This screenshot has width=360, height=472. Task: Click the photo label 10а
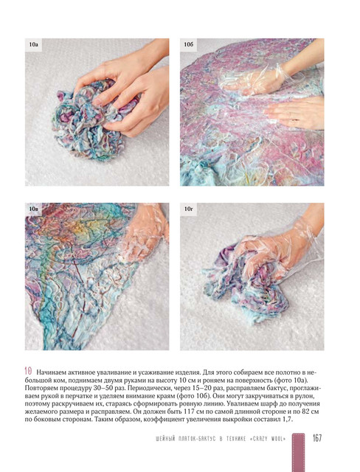pos(33,45)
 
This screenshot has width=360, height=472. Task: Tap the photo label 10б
pos(188,45)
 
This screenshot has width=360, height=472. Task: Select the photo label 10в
pos(33,209)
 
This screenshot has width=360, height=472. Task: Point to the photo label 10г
pos(188,209)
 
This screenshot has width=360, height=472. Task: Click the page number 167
pos(317,438)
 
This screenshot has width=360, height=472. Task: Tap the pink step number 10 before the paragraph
pos(28,371)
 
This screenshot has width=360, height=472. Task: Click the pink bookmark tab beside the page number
pos(298,452)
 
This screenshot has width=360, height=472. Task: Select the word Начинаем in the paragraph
pos(50,372)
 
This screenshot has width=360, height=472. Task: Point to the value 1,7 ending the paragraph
pos(288,420)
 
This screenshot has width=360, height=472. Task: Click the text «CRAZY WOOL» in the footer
pos(268,439)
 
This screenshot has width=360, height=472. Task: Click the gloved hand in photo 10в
pos(145,230)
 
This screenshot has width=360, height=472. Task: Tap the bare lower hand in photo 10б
pos(295,113)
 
